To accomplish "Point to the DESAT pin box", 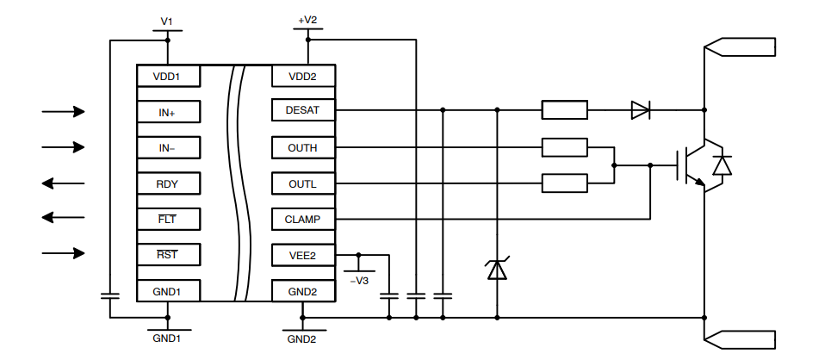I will pos(302,110).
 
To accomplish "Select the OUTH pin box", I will pos(302,148).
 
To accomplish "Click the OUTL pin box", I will pos(302,183).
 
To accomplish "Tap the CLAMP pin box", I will pos(302,220).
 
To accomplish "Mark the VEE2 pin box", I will pos(302,255).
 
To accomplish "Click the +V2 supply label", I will pos(307,19).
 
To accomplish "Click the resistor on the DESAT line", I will pos(564,110).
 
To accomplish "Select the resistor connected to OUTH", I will pos(564,148).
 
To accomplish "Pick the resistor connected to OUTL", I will pos(564,183).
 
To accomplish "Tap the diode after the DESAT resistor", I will pos(641,110).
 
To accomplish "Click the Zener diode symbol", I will pos(497,270).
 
